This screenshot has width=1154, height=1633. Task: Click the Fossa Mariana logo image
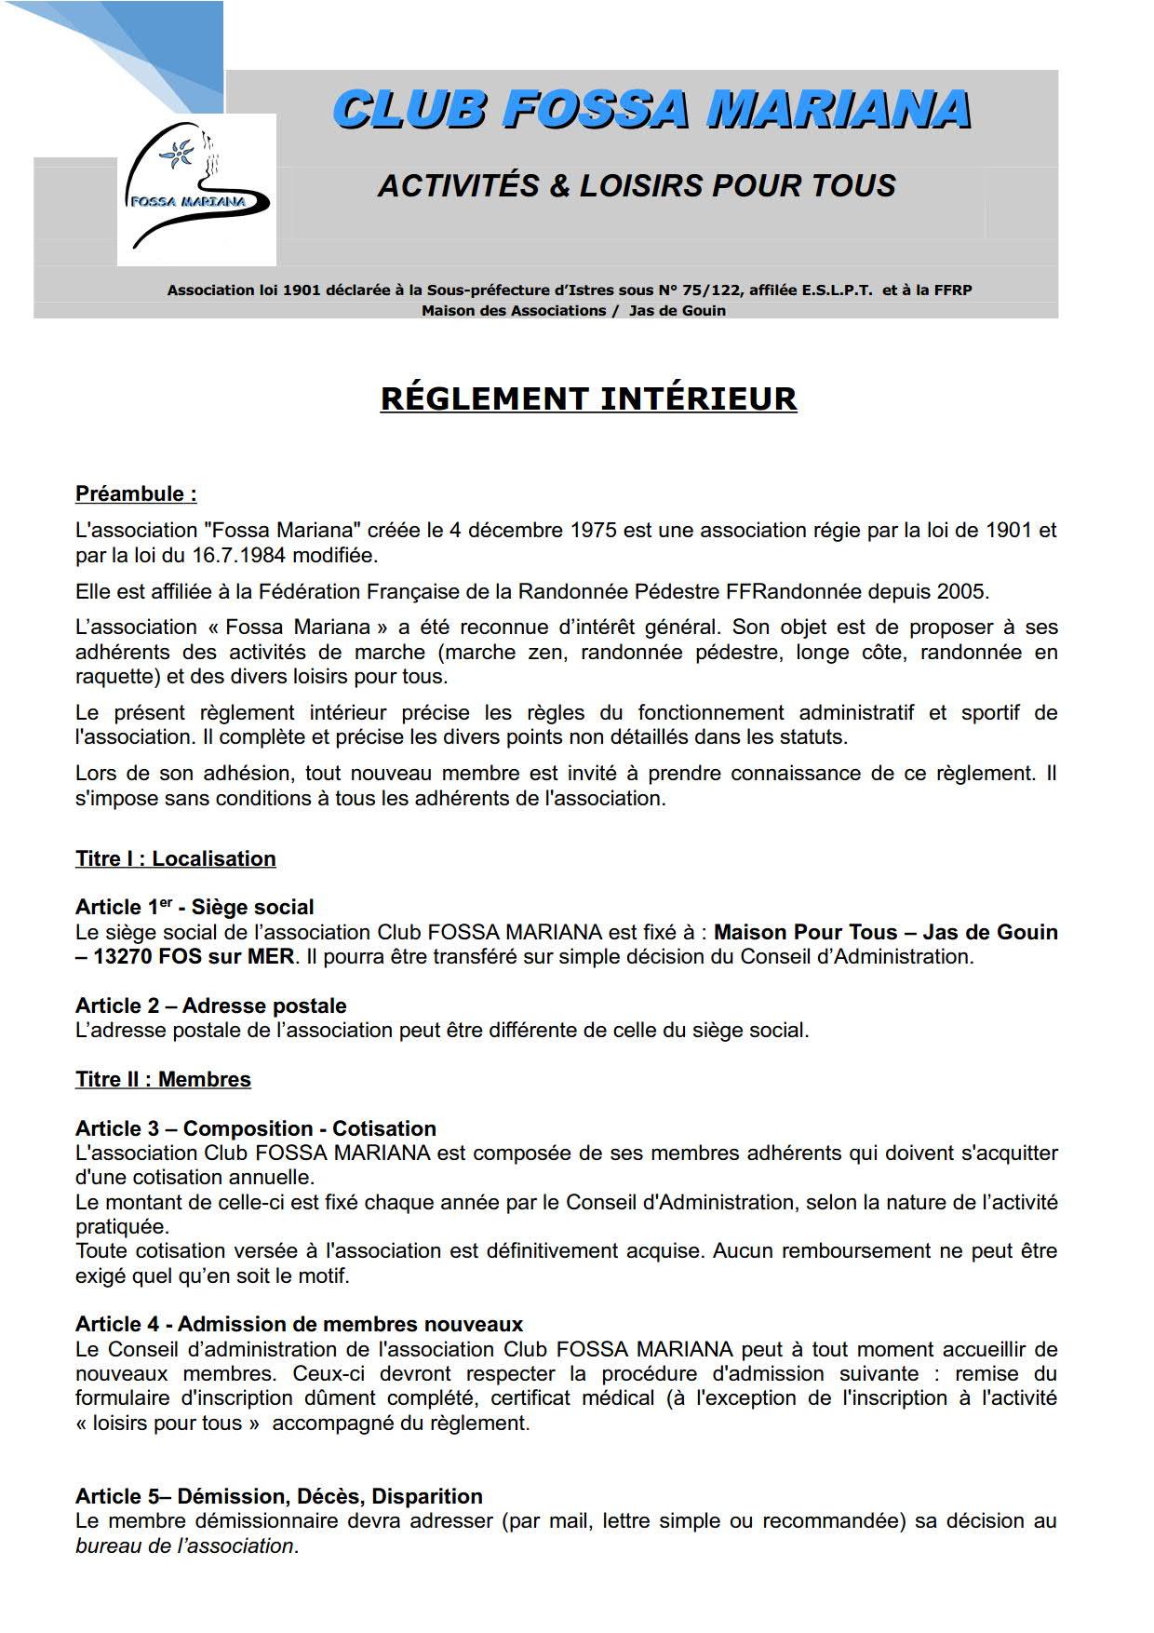[x=196, y=189]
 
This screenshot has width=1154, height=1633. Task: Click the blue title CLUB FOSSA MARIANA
[x=651, y=110]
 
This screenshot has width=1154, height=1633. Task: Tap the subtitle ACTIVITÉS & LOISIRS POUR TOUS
[x=637, y=185]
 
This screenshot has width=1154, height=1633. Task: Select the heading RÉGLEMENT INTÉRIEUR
[x=588, y=398]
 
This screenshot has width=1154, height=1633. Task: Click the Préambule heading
[x=136, y=493]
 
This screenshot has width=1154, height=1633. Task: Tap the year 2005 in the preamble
[x=963, y=591]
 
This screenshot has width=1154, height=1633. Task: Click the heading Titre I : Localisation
[x=175, y=858]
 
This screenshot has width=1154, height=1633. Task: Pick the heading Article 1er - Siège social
[x=195, y=907]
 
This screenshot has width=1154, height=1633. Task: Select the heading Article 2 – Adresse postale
[x=210, y=1005]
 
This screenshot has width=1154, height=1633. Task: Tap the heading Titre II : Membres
[x=163, y=1079]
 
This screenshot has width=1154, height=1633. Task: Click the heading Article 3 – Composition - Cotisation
[x=255, y=1128]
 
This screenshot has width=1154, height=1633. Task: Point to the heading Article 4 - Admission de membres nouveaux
[x=299, y=1324]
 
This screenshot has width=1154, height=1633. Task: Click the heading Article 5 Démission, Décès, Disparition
[x=278, y=1496]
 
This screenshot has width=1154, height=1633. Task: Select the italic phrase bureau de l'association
[x=184, y=1545]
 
